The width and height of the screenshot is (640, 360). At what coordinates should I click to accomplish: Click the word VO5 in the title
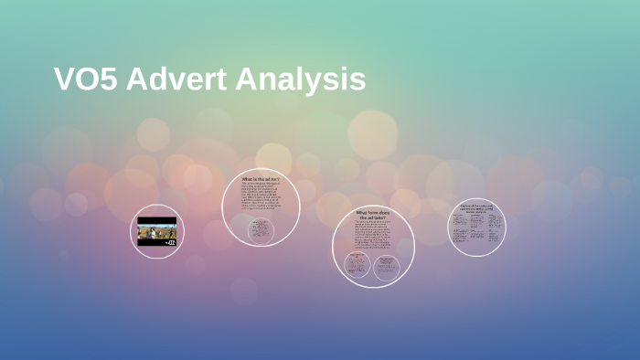click(86, 79)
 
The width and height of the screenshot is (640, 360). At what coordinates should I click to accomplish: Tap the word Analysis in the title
click(301, 80)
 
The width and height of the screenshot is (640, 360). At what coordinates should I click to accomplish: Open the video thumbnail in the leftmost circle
click(156, 232)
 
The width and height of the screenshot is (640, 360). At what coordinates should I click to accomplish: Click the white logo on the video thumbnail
click(170, 241)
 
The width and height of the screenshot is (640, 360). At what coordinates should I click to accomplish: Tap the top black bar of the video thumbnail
click(156, 220)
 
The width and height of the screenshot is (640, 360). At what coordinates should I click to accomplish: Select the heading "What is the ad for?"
click(261, 179)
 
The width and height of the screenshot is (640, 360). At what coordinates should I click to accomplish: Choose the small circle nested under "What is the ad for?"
click(261, 231)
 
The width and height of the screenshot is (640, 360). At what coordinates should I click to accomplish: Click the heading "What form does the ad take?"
click(373, 216)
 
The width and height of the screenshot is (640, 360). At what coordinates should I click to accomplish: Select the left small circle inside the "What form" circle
click(357, 266)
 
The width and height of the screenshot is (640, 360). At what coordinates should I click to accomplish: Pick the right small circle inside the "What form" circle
click(387, 266)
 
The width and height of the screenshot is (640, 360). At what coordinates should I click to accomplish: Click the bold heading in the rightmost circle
click(477, 208)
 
